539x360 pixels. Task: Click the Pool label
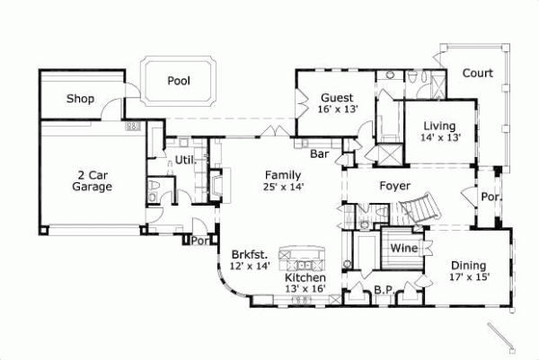pyautogui.click(x=179, y=81)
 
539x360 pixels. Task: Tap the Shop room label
pyautogui.click(x=81, y=99)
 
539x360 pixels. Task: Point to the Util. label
pyautogui.click(x=185, y=160)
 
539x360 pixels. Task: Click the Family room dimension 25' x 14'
pyautogui.click(x=284, y=187)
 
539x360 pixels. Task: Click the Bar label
pyautogui.click(x=319, y=154)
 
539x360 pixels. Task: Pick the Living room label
pyautogui.click(x=440, y=126)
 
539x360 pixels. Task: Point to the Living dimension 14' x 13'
pyautogui.click(x=440, y=137)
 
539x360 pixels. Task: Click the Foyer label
pyautogui.click(x=394, y=188)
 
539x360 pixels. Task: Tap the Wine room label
pyautogui.click(x=402, y=247)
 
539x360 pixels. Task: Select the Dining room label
pyautogui.click(x=469, y=265)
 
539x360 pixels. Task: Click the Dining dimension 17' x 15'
pyautogui.click(x=469, y=277)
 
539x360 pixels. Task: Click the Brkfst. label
pyautogui.click(x=247, y=254)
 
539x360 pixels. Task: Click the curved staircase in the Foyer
pyautogui.click(x=417, y=212)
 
